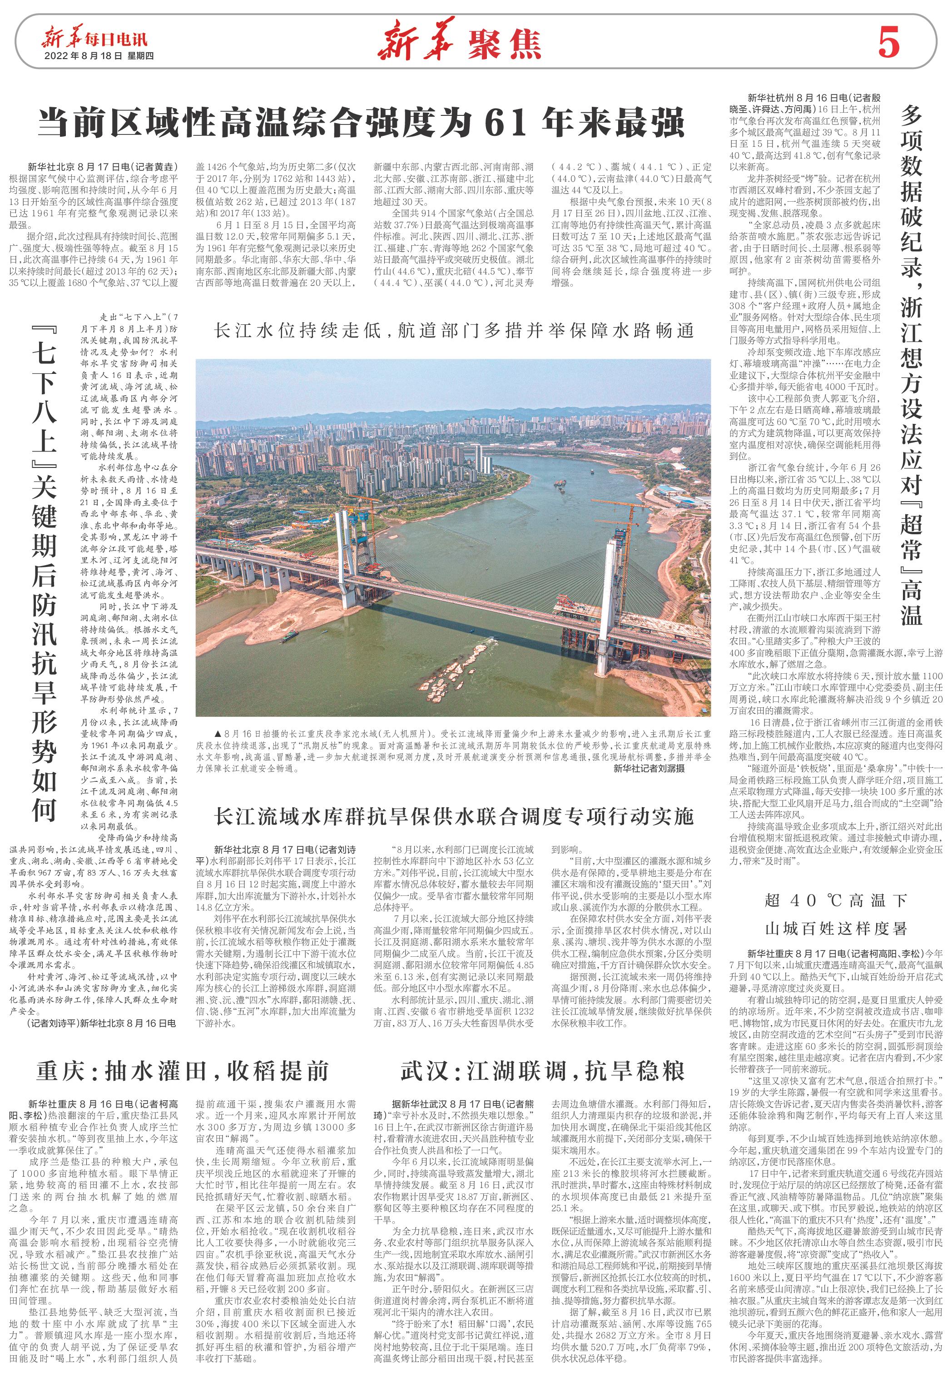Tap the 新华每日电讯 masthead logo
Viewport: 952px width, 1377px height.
[x=94, y=40]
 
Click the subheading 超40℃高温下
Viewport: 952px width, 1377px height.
[x=835, y=901]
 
